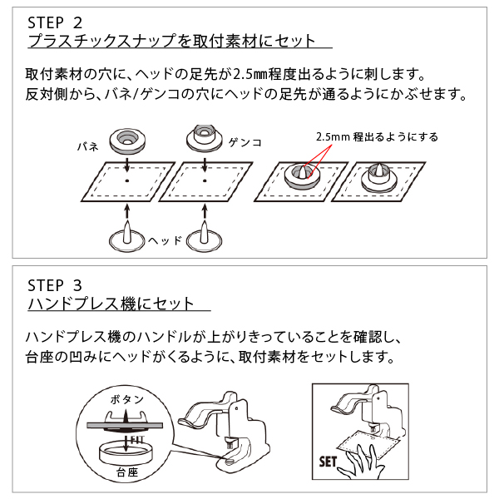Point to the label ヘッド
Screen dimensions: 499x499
[163, 239]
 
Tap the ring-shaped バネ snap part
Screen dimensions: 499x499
[126, 137]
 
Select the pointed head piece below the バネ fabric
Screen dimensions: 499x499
[127, 236]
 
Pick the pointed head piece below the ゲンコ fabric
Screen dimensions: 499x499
[204, 236]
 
